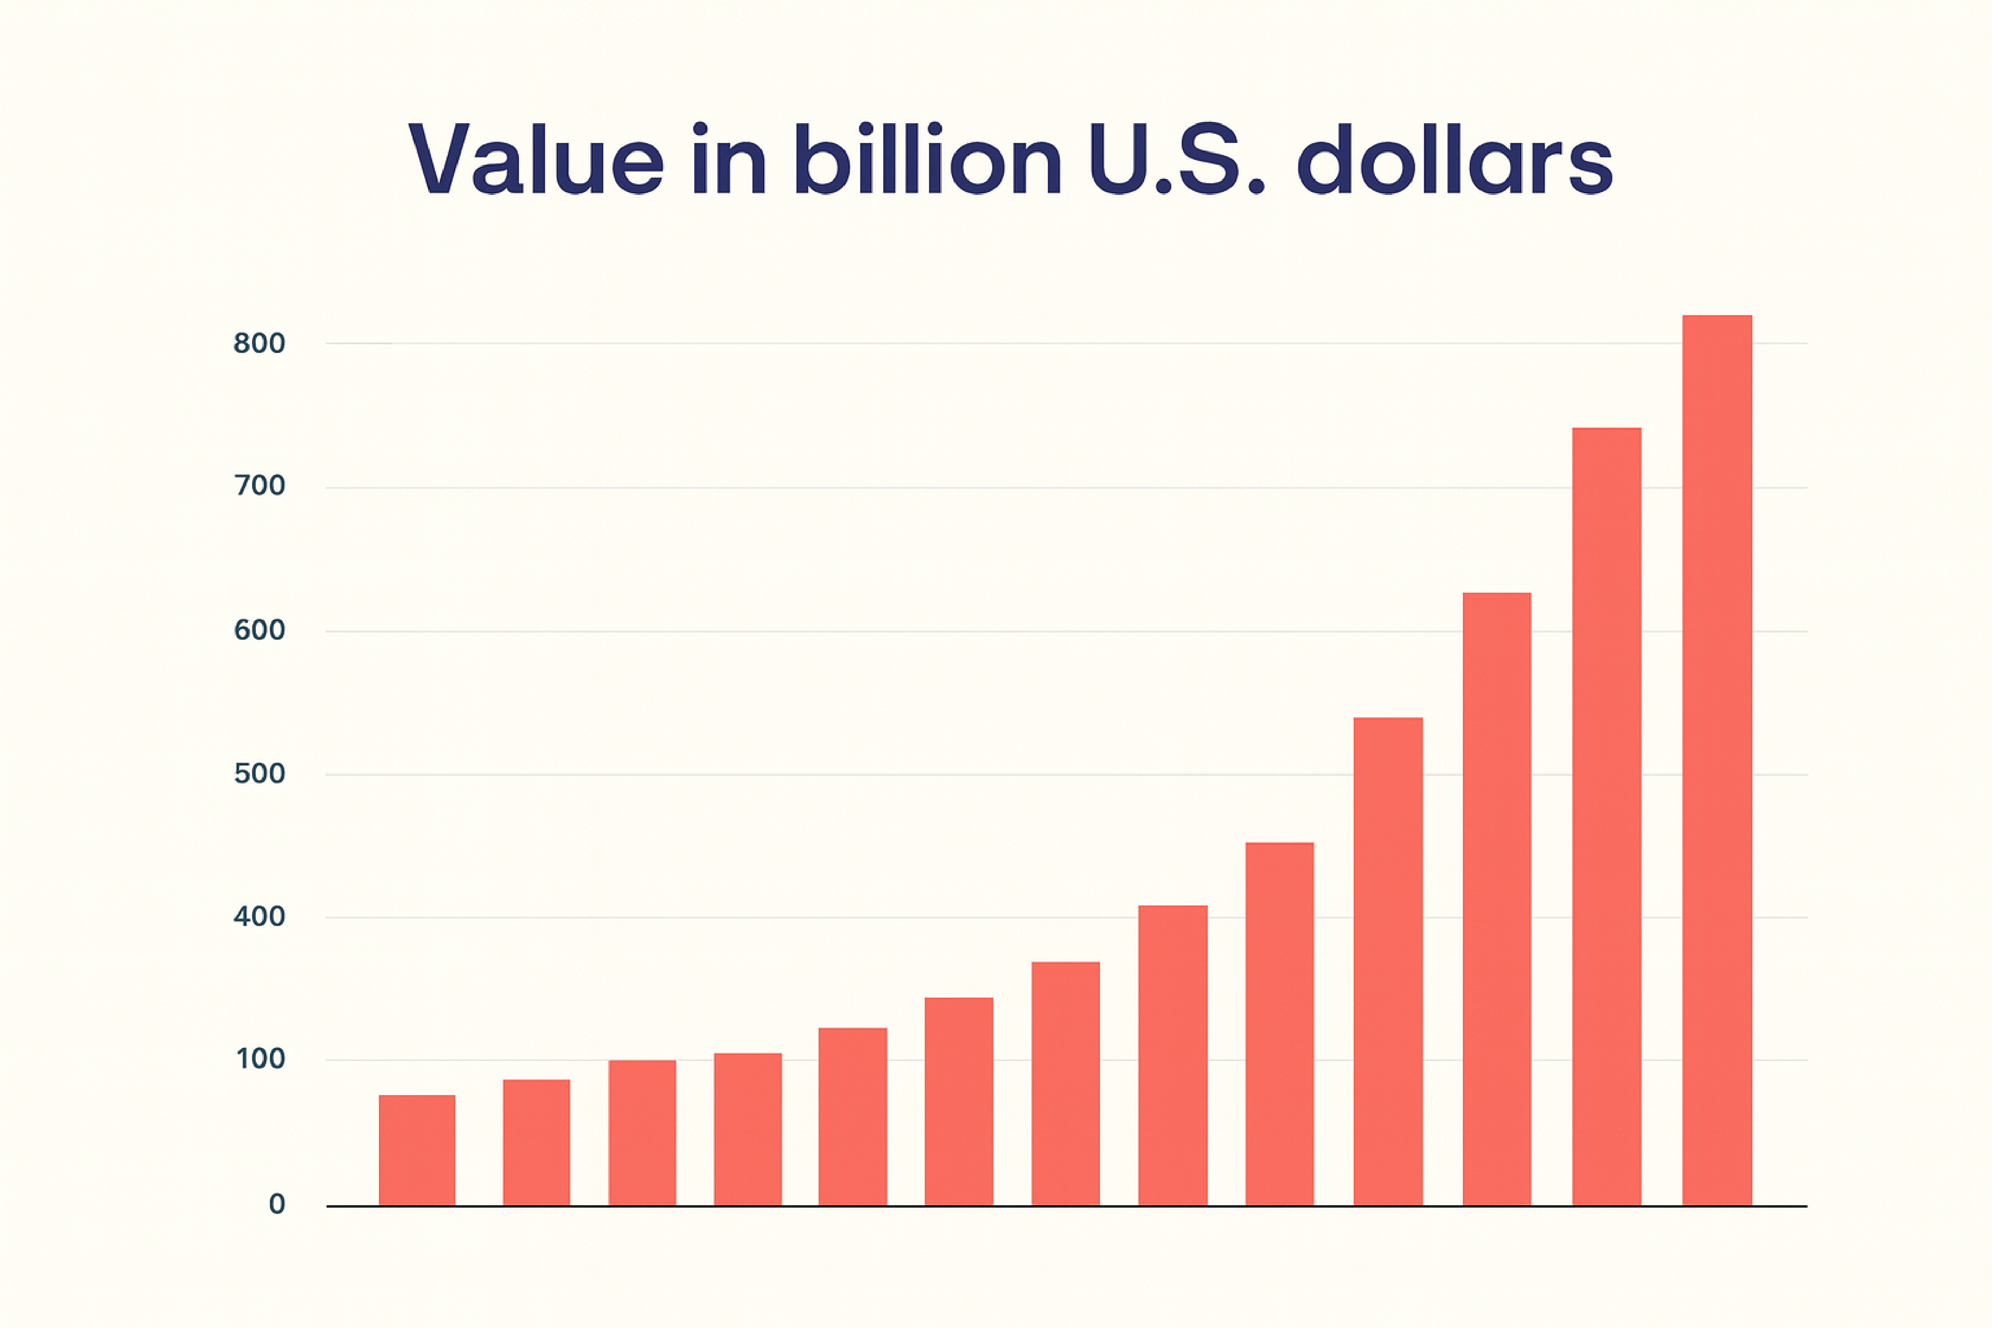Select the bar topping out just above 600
pos(1497,898)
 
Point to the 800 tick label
pos(259,343)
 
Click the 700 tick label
pos(259,486)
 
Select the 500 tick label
pos(259,773)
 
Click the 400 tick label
pos(259,917)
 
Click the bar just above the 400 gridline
pos(1172,1055)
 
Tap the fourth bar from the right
pos(1388,961)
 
